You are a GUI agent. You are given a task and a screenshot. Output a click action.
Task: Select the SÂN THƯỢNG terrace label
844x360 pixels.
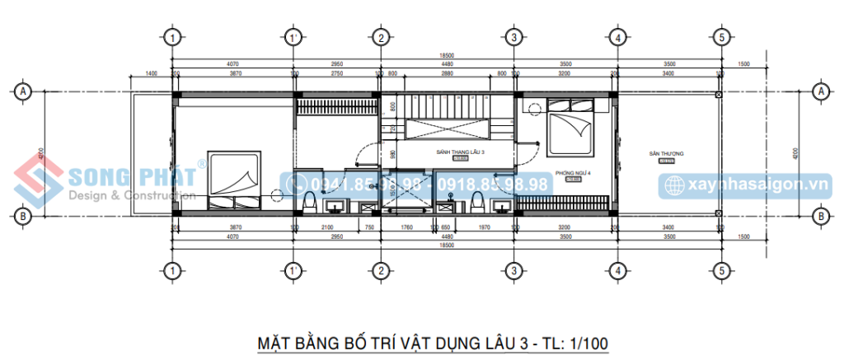click(668, 153)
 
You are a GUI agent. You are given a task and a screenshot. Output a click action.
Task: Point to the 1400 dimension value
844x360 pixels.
click(151, 74)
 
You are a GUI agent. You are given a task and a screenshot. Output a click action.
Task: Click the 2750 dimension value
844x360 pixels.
click(337, 74)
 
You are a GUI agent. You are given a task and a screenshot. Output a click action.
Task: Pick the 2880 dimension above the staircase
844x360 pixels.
click(447, 74)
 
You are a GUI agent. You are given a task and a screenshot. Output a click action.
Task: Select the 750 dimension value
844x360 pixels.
click(370, 227)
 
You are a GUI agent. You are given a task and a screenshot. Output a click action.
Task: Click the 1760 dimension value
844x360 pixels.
click(406, 227)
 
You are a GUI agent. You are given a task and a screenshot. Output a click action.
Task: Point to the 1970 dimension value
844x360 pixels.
click(483, 227)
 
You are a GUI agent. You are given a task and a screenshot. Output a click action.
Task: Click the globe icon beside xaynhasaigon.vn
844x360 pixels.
click(673, 185)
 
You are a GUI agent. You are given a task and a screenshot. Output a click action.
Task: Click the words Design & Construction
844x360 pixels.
click(131, 195)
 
